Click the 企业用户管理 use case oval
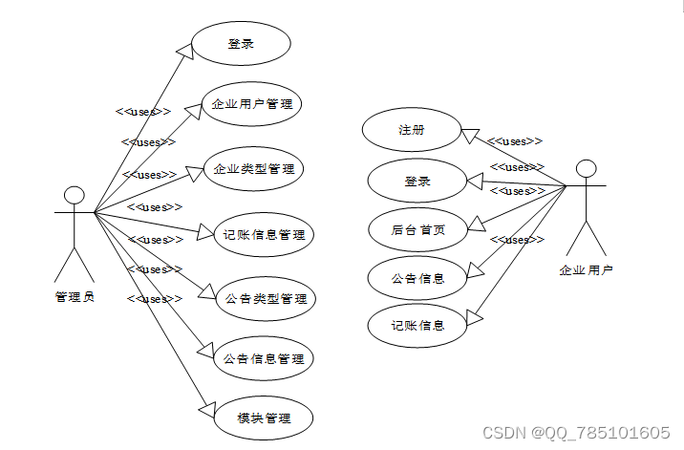click(251, 104)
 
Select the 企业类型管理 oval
click(253, 169)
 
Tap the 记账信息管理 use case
click(265, 233)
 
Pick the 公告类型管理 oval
click(267, 299)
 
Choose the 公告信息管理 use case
click(264, 359)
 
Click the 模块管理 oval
click(264, 418)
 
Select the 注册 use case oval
click(412, 130)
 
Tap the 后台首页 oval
click(417, 229)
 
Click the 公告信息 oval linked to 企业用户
click(417, 278)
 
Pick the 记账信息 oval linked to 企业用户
click(417, 326)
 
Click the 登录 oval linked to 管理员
click(241, 44)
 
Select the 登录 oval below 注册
click(417, 181)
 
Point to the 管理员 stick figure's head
click(74, 196)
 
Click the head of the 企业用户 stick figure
click(587, 169)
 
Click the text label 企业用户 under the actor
click(586, 270)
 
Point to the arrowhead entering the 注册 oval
click(469, 134)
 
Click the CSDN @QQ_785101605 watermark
click(576, 433)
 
